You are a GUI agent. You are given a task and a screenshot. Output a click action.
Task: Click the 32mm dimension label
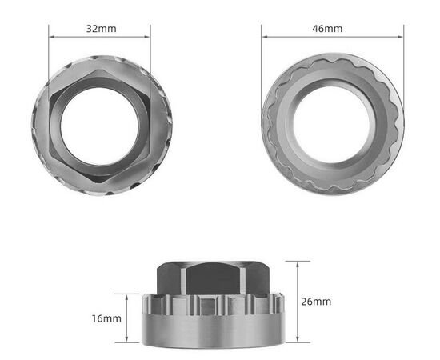[100, 28]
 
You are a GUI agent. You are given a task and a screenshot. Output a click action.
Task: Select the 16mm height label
[106, 318]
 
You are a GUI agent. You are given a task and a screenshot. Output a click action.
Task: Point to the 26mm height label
[316, 302]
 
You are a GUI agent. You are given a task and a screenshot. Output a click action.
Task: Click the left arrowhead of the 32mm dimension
[51, 35]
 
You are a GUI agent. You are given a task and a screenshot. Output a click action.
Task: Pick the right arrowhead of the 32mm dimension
[148, 35]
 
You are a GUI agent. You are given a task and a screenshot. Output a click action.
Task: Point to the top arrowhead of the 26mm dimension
[298, 263]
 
